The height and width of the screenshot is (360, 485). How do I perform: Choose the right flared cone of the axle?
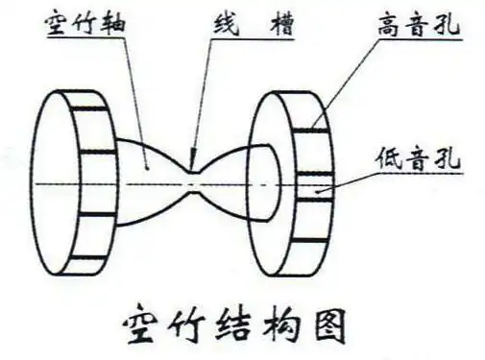click(235, 179)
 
